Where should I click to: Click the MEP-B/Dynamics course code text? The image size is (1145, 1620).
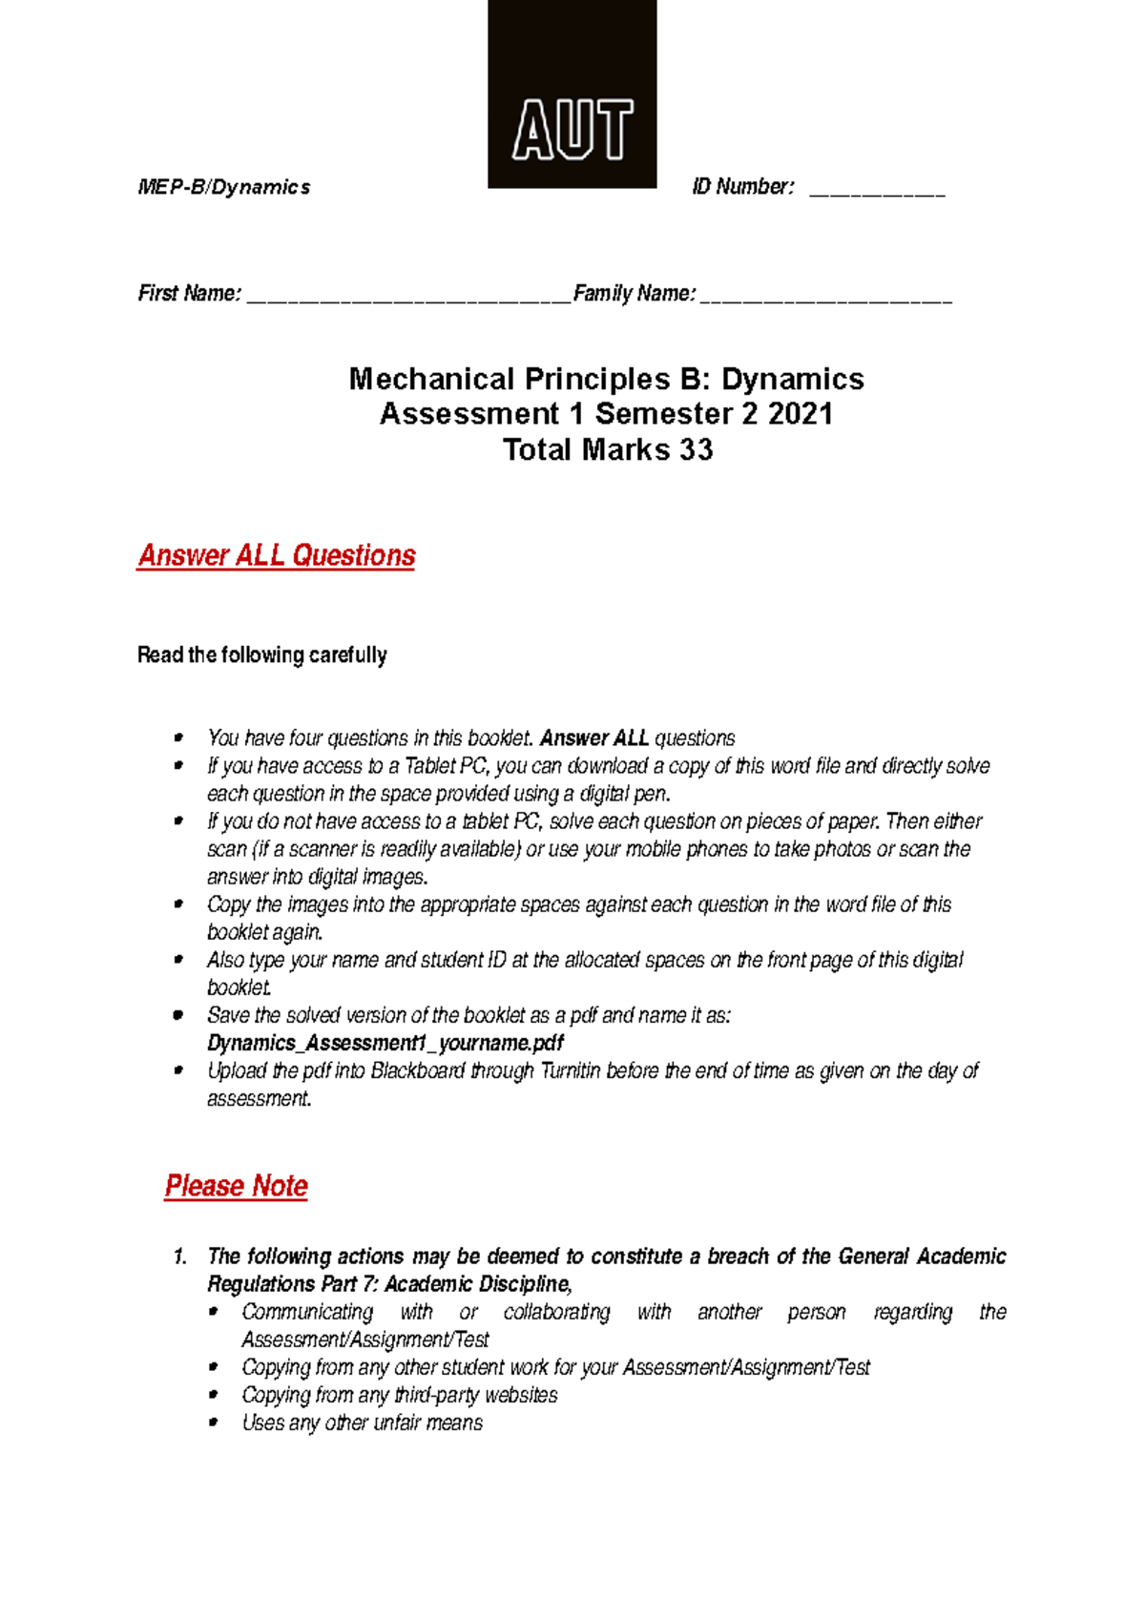[224, 187]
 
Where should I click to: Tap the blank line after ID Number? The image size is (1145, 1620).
[877, 191]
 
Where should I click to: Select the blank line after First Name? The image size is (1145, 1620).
[408, 297]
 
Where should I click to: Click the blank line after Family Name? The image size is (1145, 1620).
[826, 297]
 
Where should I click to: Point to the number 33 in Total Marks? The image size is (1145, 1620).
[696, 449]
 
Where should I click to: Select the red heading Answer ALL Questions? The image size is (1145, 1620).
[277, 555]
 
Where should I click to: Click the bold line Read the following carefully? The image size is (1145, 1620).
[262, 654]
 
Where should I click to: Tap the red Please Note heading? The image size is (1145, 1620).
[236, 1186]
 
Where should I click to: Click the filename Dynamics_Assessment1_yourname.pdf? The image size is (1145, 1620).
[385, 1043]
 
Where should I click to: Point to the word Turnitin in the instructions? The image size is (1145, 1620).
[570, 1070]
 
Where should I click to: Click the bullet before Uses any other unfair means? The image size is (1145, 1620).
[215, 1422]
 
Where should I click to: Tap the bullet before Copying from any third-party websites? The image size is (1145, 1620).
[215, 1394]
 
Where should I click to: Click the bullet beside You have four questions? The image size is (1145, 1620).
[178, 737]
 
